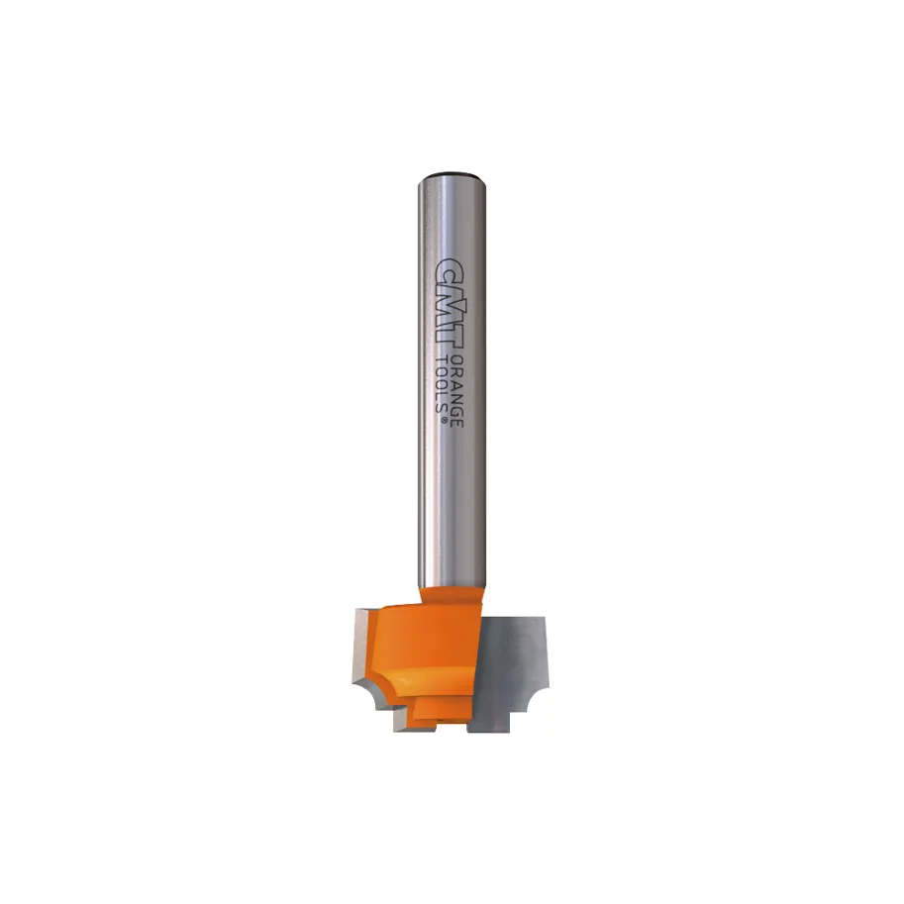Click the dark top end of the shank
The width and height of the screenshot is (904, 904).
[451, 177]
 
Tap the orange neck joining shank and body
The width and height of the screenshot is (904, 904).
[451, 594]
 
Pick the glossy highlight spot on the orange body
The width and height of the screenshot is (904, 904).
[405, 682]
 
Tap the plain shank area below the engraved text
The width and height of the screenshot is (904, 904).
[451, 505]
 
